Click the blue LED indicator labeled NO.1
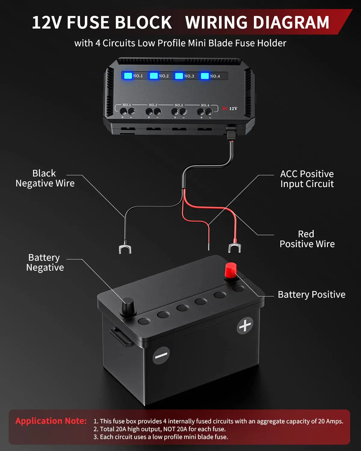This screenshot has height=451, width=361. tap(128, 75)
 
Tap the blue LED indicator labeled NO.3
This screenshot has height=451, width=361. tap(179, 76)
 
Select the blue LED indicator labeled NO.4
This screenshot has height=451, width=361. tap(205, 76)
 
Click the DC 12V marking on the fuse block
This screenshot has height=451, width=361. tap(230, 109)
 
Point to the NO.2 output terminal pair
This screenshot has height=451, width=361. tap(153, 112)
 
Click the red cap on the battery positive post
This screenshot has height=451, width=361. tap(231, 270)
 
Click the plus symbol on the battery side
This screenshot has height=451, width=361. tap(245, 326)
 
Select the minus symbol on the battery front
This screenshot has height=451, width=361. tap(161, 355)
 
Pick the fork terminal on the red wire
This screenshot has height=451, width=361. tap(235, 248)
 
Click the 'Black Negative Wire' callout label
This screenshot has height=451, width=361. tap(45, 178)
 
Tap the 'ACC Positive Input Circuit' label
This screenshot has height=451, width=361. tap(307, 179)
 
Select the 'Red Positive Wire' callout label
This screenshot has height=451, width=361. tap(307, 239)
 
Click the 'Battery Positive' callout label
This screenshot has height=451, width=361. tap(311, 295)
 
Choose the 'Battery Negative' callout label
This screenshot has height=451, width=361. tap(45, 262)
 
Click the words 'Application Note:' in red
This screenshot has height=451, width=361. tap(51, 421)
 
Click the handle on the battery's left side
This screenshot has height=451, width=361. tap(120, 336)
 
